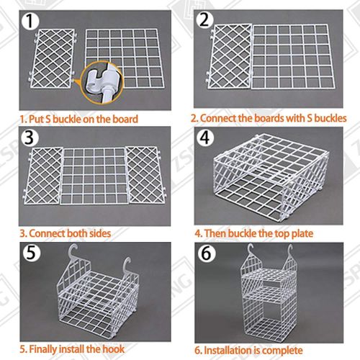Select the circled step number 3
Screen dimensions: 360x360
(30, 137)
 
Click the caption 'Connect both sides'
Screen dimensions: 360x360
(69, 233)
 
